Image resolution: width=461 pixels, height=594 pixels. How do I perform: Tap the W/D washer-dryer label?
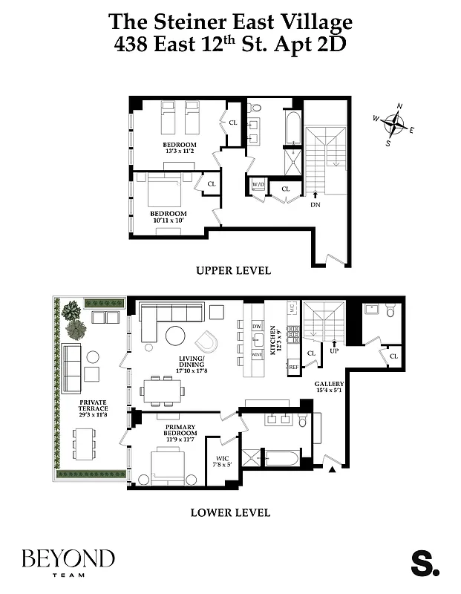[x=258, y=183]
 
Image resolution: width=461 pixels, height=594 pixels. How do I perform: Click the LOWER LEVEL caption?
[x=230, y=512]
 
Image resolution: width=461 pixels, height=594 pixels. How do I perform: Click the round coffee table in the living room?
[x=176, y=336]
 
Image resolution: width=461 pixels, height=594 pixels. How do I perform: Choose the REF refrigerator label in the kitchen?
[x=292, y=367]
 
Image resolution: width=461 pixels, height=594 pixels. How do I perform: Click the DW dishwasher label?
[x=258, y=326]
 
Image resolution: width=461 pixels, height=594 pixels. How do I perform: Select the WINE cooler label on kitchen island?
[x=258, y=356]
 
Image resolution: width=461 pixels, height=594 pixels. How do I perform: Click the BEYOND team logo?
[x=68, y=562]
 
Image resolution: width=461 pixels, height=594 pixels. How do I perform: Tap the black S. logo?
[x=425, y=563]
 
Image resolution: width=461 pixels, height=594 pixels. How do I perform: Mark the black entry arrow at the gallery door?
[x=332, y=469]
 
